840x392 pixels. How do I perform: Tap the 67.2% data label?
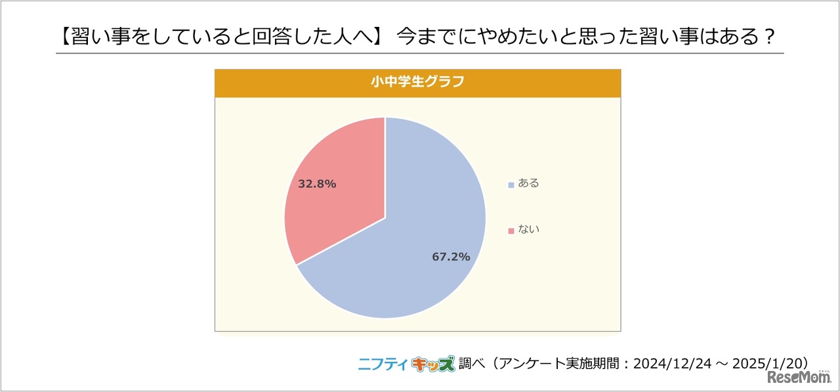[451, 257]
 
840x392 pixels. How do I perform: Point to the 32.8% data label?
[317, 185]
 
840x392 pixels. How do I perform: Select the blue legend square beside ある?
[511, 185]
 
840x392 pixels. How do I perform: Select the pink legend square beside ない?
[511, 230]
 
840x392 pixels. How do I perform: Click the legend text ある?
[528, 184]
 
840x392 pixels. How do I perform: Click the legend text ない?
[528, 230]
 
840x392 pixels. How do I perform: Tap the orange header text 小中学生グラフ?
[417, 83]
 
